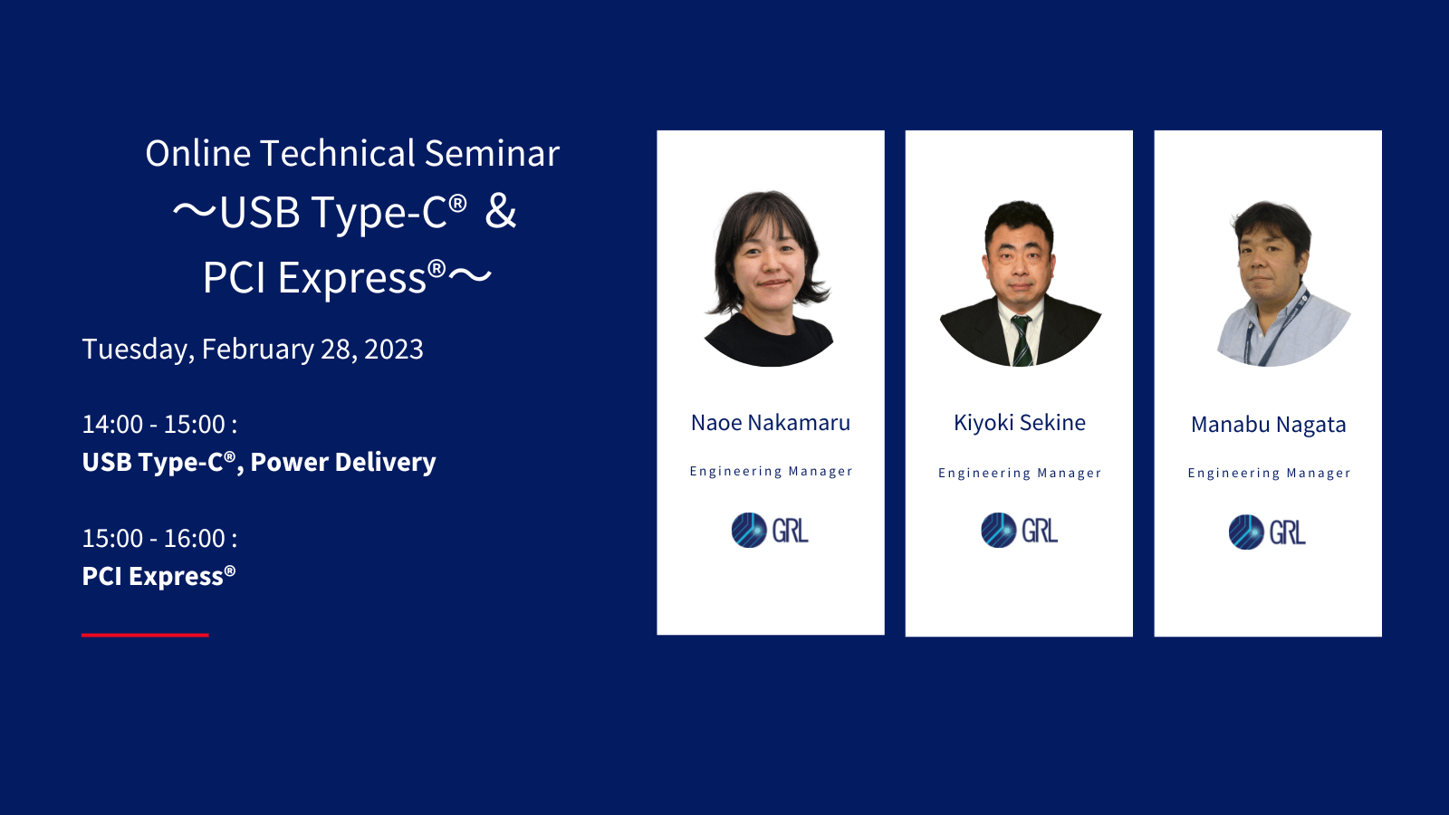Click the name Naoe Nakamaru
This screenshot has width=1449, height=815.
pos(771,422)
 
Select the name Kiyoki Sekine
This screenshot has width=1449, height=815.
pos(1020,422)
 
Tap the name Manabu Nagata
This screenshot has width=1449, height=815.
pos(1269,425)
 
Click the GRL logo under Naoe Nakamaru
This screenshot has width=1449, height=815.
pos(770,531)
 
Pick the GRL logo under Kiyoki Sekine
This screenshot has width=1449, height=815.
pos(1020,531)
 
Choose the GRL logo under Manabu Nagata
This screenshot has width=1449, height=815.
pos(1267,532)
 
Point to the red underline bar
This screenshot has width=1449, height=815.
pos(145,635)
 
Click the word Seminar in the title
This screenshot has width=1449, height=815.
pos(492,154)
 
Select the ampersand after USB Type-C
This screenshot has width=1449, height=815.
pos(501,211)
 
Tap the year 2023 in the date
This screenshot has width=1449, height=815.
pos(394,350)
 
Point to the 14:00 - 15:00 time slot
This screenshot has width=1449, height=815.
pos(159,425)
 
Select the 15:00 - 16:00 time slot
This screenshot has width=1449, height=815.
pos(159,538)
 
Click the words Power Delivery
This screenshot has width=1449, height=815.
pos(343,463)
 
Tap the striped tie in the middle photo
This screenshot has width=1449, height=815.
pos(1022,341)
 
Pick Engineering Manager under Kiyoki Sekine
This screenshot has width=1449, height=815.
pos(1020,474)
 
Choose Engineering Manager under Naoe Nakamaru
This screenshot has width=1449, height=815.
pos(771,472)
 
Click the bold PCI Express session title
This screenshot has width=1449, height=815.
pos(158,576)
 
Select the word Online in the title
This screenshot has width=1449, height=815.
pos(198,154)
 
